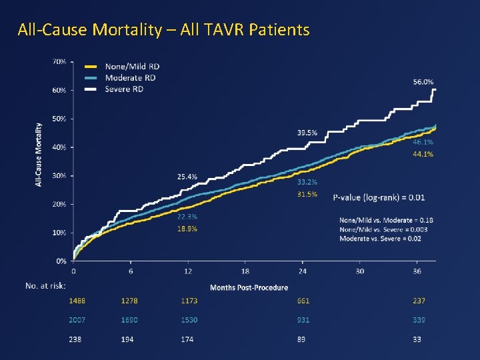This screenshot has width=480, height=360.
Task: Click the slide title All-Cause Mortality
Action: [x=163, y=30]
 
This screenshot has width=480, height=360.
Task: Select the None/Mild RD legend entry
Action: [x=132, y=66]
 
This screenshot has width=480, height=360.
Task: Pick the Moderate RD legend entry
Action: [x=130, y=77]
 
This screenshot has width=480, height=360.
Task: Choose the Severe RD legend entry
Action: [x=125, y=89]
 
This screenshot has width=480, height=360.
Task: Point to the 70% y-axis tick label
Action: [x=59, y=61]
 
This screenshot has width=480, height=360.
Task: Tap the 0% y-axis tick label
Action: [x=61, y=261]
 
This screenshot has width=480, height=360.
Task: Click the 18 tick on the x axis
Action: [x=245, y=271]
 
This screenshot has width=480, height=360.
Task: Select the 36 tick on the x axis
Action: [x=417, y=271]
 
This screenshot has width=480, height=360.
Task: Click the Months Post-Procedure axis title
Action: [x=249, y=287]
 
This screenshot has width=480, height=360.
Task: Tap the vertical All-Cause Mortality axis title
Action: [x=39, y=154]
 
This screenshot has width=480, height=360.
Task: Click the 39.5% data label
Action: [x=307, y=132]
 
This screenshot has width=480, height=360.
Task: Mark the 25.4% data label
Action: [x=187, y=177]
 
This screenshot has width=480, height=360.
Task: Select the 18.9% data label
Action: [x=187, y=229]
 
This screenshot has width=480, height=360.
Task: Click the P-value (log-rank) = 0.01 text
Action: [x=378, y=197]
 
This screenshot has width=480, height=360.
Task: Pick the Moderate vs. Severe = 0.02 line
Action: [x=380, y=239]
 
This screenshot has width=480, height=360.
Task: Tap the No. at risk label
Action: [x=45, y=285]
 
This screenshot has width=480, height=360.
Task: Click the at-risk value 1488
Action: [x=78, y=301]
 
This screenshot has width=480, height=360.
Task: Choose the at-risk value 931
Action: [x=303, y=320]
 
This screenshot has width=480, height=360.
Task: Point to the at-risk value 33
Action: [x=417, y=339]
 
